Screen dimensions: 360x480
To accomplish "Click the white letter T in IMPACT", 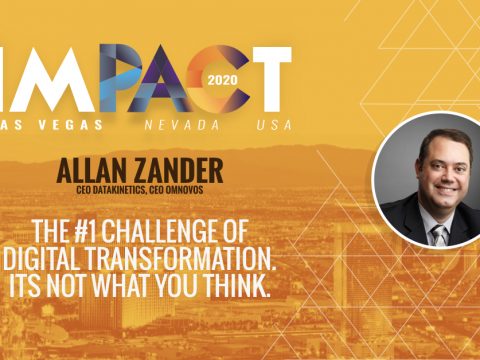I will point(268,78).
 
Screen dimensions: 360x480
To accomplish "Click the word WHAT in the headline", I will point(156,269).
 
